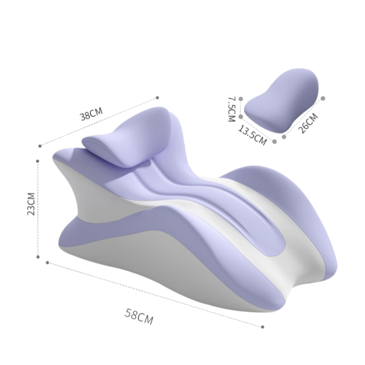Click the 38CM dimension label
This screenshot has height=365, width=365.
click(x=92, y=114)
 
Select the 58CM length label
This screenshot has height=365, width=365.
click(x=139, y=316)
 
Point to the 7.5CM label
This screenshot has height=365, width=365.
click(x=232, y=109)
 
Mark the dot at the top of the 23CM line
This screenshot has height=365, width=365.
click(x=38, y=161)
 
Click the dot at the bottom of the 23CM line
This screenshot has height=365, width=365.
click(x=38, y=257)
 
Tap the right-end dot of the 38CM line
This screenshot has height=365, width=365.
click(x=157, y=98)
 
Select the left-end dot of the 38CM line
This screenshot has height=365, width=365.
click(x=40, y=146)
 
